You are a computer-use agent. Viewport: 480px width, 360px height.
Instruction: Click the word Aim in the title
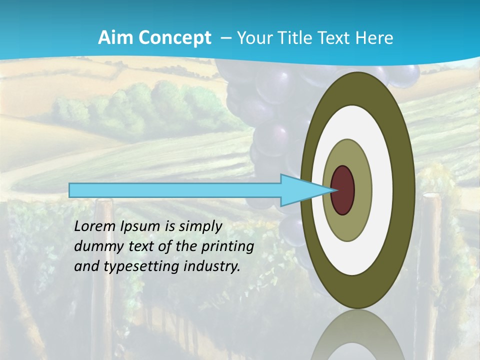114,38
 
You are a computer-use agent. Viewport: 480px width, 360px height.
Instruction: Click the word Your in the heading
254,38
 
